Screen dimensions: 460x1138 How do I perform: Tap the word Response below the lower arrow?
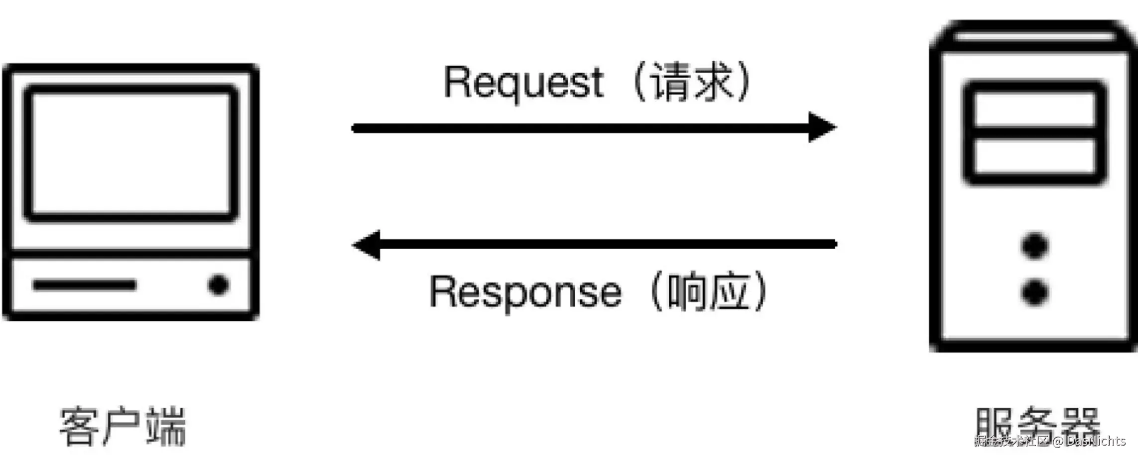525,293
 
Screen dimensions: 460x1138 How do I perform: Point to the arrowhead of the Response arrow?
368,245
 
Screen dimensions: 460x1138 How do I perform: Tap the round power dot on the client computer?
218,285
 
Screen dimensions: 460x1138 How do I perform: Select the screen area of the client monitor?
131,153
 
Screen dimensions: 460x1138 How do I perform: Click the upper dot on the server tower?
1034,246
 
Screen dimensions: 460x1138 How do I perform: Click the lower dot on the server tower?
1034,292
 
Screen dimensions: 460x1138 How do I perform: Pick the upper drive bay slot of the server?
1034,109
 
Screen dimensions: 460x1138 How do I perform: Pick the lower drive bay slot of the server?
1034,156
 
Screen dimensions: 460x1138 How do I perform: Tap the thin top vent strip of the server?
1035,36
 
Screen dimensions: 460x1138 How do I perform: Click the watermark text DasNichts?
1095,441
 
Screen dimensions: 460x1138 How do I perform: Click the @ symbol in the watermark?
1057,441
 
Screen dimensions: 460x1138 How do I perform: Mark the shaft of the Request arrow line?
573,128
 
